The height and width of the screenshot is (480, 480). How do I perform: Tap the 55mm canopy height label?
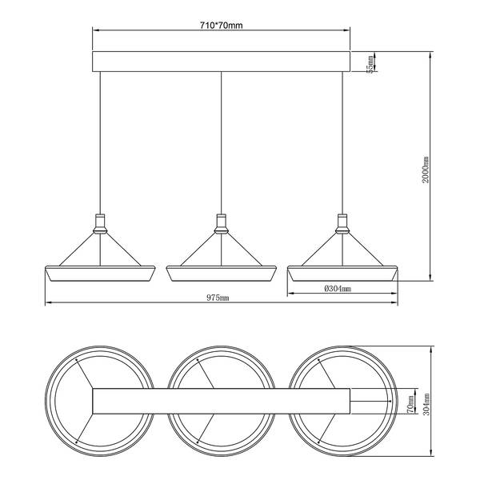[370, 62]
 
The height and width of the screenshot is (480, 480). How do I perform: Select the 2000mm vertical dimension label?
[427, 170]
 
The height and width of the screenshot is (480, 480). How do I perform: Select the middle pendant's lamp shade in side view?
[220, 274]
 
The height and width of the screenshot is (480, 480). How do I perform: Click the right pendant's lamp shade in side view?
[342, 274]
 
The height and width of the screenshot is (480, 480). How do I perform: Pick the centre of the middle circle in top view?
[220, 402]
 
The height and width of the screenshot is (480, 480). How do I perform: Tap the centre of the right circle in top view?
[342, 402]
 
